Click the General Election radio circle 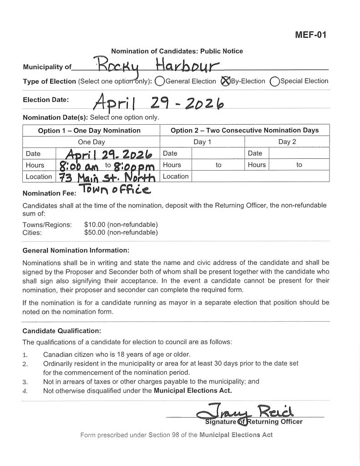point(159,81)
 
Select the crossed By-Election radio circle point(225,81)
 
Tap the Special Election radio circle point(274,81)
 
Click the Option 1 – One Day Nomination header point(89,131)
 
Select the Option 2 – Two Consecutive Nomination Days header point(244,131)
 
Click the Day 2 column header point(287,142)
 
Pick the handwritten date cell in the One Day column point(107,153)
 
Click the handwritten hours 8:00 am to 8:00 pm point(107,165)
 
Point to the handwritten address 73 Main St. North point(107,177)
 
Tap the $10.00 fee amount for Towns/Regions point(121,225)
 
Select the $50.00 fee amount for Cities point(121,233)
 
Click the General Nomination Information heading point(76,250)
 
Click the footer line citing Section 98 point(176,435)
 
